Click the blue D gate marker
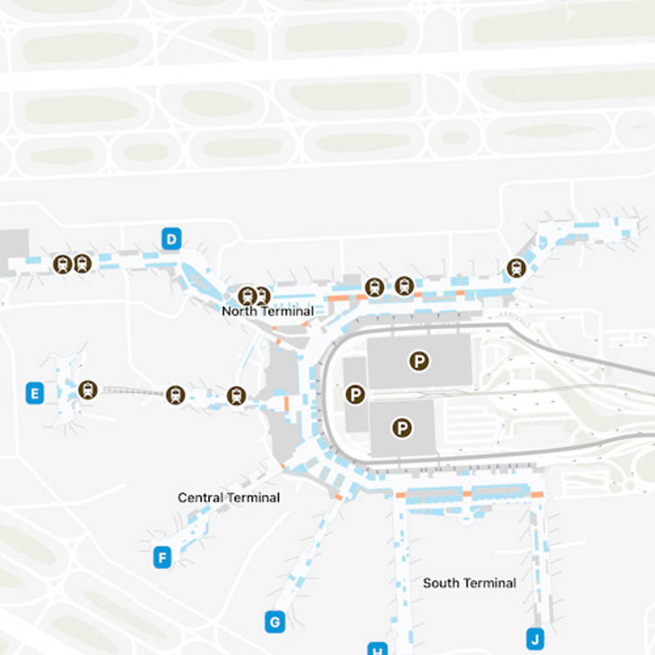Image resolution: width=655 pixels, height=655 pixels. click(172, 238)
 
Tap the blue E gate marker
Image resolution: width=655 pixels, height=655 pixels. click(35, 394)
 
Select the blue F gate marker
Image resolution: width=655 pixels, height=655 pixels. click(162, 557)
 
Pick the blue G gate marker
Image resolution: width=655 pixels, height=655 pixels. click(274, 622)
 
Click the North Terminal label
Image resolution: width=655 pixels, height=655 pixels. click(267, 311)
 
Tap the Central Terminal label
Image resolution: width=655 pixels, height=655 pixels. click(229, 497)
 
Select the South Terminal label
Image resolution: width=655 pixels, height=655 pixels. click(469, 583)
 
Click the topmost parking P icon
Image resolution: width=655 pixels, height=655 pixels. click(420, 361)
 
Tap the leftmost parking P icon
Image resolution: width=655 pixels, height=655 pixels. click(355, 395)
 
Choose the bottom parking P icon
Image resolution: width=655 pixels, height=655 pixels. click(402, 427)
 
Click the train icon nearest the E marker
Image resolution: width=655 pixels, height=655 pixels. click(86, 390)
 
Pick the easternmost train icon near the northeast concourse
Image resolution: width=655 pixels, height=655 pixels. click(516, 268)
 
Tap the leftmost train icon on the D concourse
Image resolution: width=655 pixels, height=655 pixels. click(62, 264)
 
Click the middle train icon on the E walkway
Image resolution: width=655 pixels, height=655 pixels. click(176, 396)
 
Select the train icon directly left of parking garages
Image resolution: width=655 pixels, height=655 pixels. click(236, 396)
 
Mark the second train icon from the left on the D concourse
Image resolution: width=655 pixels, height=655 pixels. click(82, 264)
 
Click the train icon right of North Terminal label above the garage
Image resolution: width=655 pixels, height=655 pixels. click(375, 286)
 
